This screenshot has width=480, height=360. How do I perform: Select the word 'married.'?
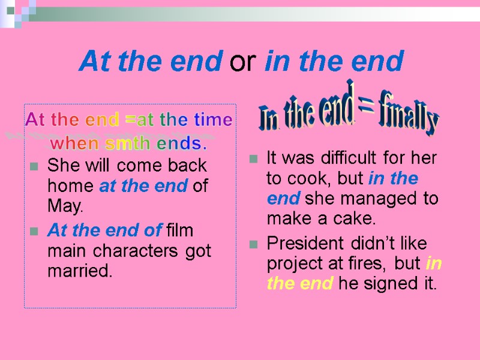pos(79,271)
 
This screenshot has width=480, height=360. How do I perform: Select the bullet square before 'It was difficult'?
pos(254,160)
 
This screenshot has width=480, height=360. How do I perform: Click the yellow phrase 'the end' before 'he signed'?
pos(299,284)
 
